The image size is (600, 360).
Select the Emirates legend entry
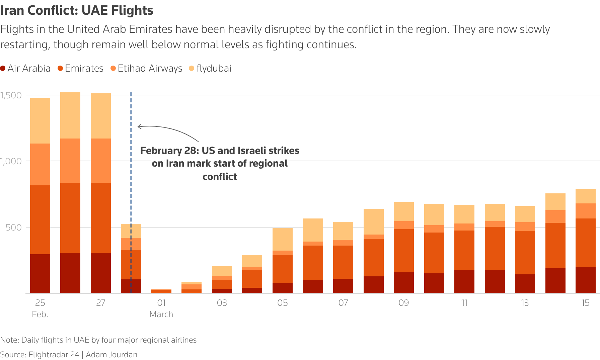[81, 68]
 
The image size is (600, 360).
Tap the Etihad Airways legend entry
[146, 68]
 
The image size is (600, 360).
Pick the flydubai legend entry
[210, 68]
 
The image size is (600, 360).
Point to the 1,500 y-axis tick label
[11, 95]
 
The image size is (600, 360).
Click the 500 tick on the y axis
[14, 228]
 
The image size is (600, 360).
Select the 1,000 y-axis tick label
[11, 161]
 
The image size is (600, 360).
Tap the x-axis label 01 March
[161, 308]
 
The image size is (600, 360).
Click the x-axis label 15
[585, 303]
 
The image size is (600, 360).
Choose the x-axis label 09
[404, 303]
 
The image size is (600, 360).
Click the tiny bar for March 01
[161, 291]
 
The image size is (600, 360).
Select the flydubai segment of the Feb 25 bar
[40, 121]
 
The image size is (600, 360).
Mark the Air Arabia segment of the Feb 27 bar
[101, 273]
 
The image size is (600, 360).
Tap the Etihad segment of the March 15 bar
[585, 211]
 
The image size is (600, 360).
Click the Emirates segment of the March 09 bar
[404, 251]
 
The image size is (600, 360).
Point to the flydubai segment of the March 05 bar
[283, 239]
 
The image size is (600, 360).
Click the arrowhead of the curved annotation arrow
[139, 126]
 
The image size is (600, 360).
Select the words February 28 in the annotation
[169, 151]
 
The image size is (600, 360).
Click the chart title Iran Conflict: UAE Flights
[77, 10]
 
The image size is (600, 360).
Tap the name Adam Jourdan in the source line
[111, 355]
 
